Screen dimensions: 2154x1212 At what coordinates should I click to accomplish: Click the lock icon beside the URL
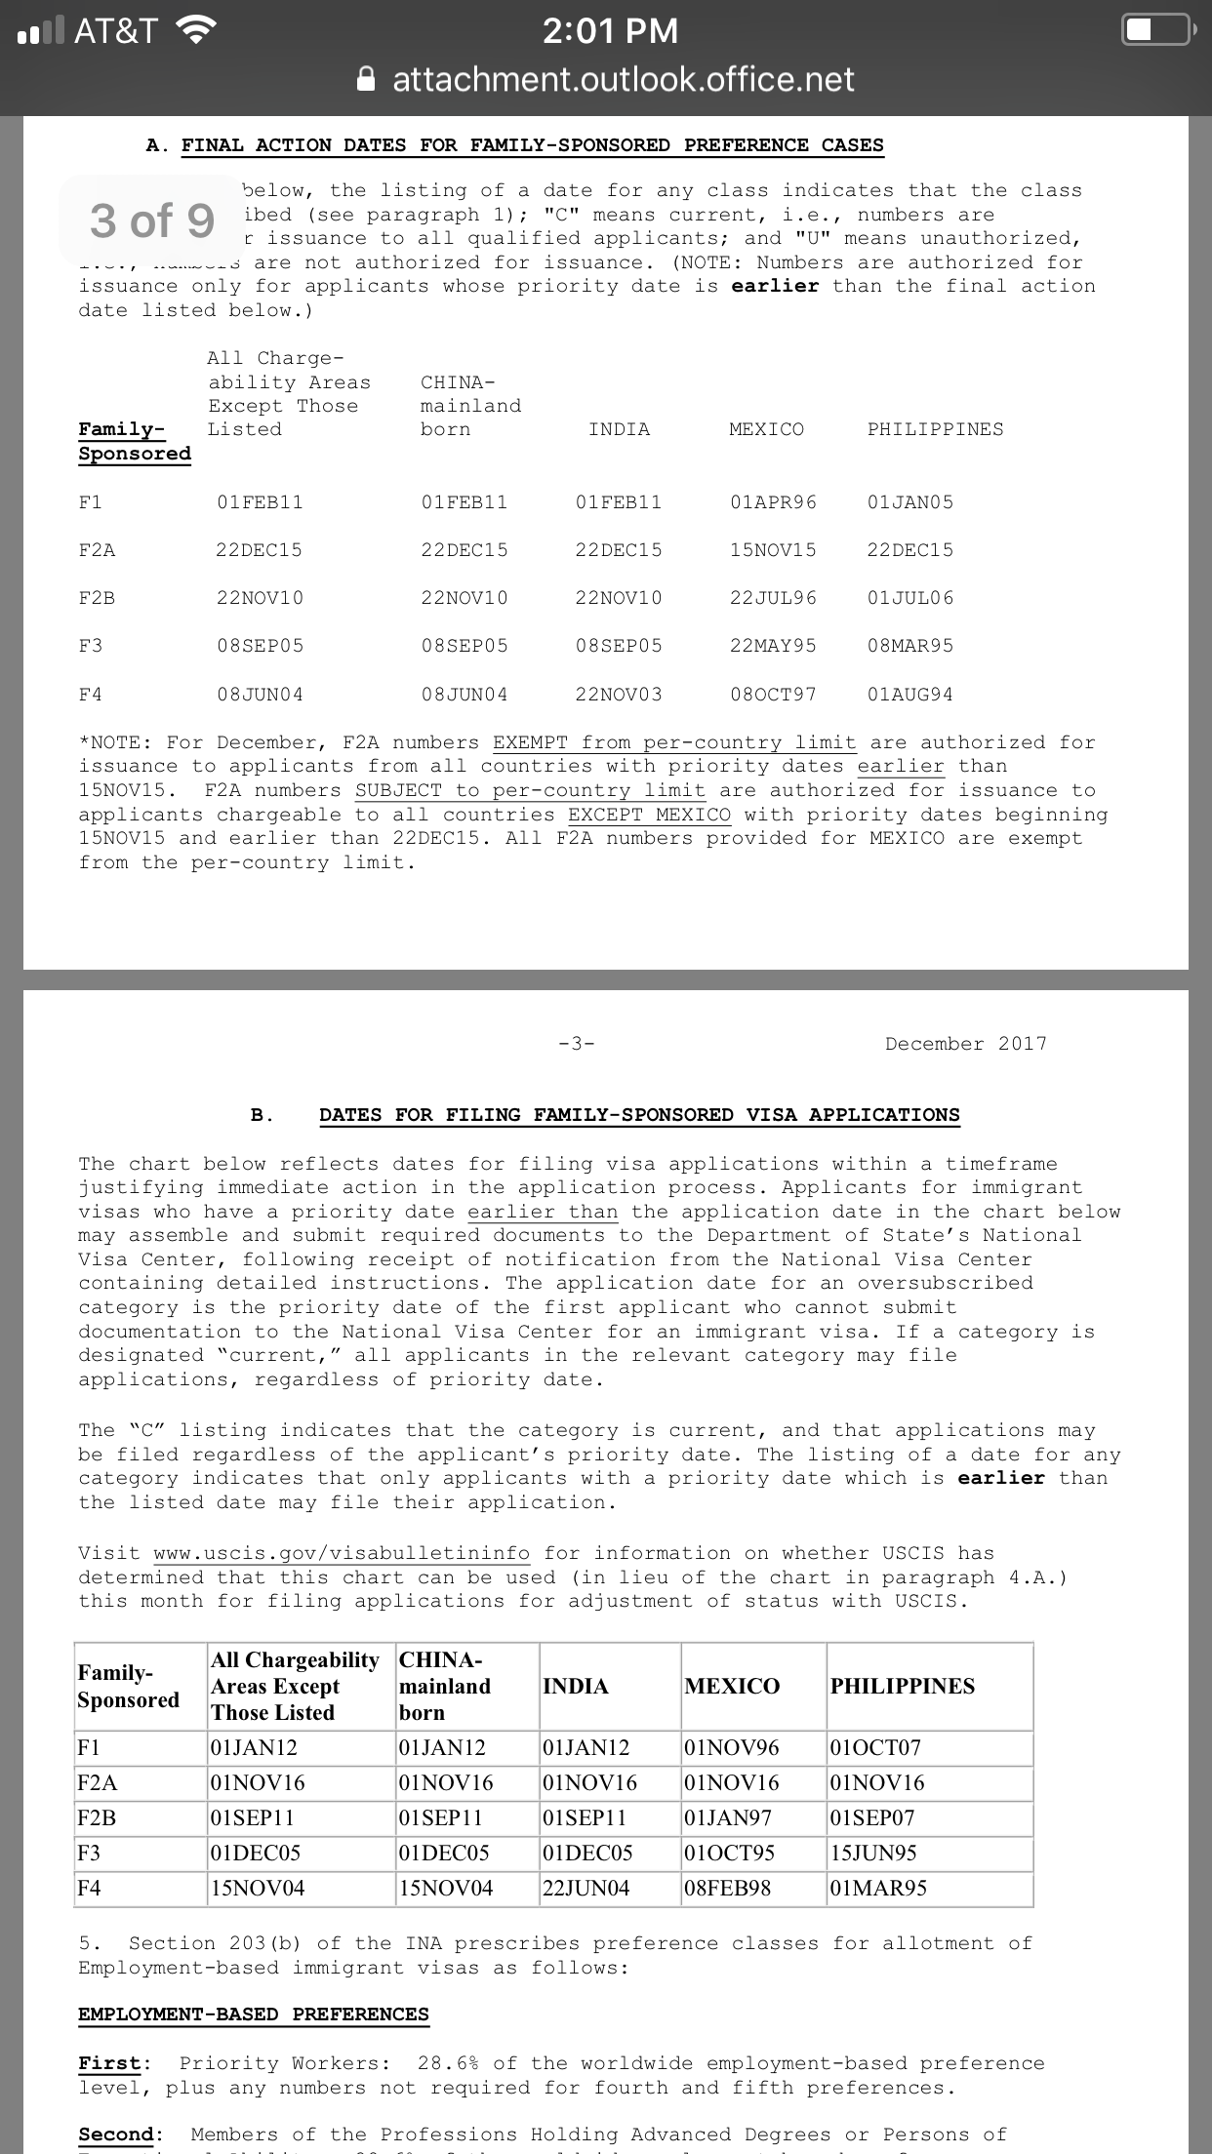click(x=366, y=79)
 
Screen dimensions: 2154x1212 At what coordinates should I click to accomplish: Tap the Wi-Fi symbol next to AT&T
click(x=195, y=31)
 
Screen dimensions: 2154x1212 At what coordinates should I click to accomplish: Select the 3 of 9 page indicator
click(x=152, y=220)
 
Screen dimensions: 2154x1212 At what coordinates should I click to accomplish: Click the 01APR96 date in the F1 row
click(x=773, y=502)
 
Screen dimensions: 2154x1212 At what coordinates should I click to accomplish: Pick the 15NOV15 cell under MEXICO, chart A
click(x=773, y=550)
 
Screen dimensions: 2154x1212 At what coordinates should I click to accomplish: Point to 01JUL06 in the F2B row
click(x=910, y=597)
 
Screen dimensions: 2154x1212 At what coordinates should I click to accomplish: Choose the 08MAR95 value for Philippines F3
click(x=910, y=646)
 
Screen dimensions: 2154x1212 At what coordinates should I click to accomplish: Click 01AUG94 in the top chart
click(x=910, y=695)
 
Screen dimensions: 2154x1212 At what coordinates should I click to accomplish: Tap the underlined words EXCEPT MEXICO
click(x=649, y=815)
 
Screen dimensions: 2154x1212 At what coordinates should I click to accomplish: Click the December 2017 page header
click(x=965, y=1044)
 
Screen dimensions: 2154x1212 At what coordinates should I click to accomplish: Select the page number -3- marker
click(x=576, y=1044)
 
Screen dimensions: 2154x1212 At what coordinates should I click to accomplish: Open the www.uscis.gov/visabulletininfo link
click(x=342, y=1553)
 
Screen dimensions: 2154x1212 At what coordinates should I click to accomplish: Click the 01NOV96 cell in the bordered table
click(x=732, y=1747)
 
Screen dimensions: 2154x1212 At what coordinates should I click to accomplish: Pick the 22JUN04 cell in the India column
click(x=586, y=1888)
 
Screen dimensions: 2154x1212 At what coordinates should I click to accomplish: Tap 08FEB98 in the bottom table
click(x=728, y=1888)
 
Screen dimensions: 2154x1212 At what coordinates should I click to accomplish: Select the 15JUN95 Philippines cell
click(x=874, y=1853)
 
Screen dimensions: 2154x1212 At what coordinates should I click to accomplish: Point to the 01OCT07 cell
click(x=875, y=1747)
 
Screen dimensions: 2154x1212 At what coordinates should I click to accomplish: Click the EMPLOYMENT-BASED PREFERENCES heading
click(x=254, y=2014)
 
